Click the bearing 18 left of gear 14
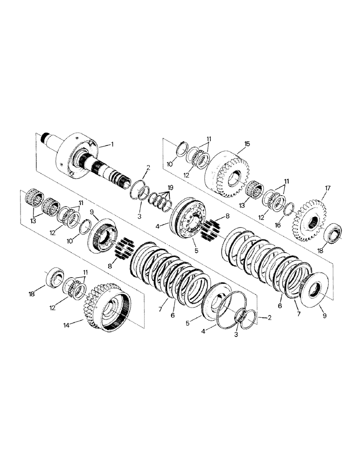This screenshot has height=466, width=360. [x=55, y=279]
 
